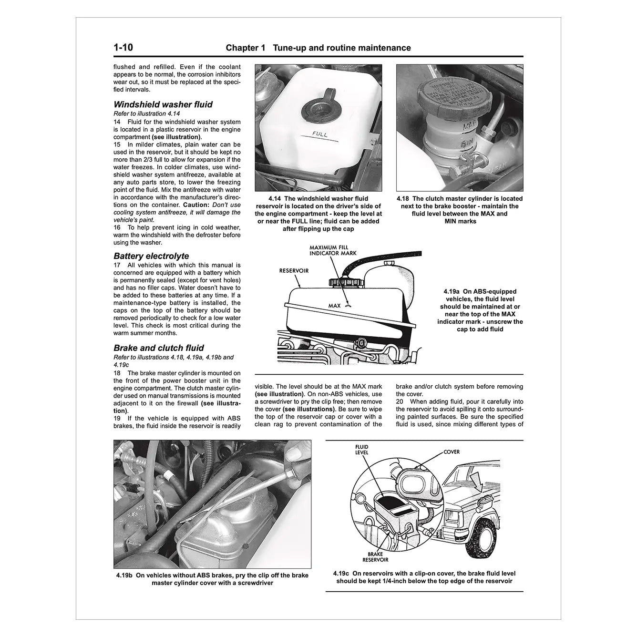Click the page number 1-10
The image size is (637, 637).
coord(123,48)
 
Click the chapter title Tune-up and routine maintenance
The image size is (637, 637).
coord(336,48)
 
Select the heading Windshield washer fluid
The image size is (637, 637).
coord(163,104)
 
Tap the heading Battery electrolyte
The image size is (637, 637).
coord(151,256)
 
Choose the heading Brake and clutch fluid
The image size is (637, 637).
coord(159,348)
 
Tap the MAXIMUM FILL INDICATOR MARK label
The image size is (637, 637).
coord(332,251)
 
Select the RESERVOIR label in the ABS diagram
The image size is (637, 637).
coord(294,271)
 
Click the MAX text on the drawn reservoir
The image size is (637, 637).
coord(334,306)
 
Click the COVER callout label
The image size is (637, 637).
coord(452,452)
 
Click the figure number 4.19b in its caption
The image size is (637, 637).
coord(125,575)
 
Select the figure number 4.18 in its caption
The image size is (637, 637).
coord(403,199)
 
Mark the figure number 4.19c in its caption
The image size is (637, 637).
coord(342,574)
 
